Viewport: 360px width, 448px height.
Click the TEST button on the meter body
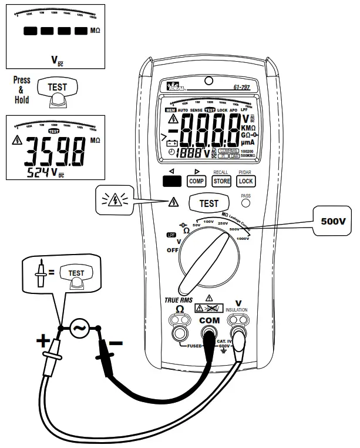(209, 203)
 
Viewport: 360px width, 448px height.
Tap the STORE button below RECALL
(221, 182)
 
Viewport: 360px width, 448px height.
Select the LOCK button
(245, 182)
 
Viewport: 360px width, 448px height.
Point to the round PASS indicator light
(245, 203)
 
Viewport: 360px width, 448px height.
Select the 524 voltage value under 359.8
(40, 172)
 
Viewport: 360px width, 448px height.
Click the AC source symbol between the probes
(78, 328)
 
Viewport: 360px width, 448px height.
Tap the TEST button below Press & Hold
(57, 88)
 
